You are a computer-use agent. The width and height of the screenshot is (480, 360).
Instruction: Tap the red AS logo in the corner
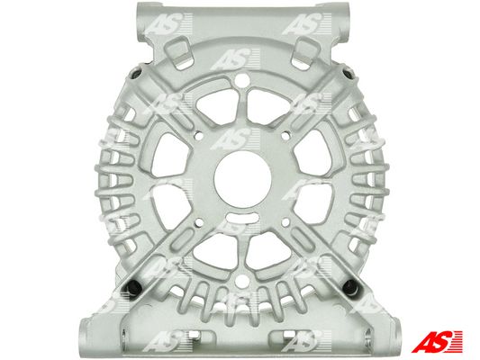point(437,341)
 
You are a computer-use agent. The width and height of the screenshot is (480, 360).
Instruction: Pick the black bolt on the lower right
point(350,285)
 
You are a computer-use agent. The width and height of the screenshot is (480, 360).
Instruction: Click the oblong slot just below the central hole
point(241,219)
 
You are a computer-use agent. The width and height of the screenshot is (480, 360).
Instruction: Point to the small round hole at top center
point(242,80)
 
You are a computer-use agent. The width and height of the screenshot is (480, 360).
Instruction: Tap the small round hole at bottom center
point(242,281)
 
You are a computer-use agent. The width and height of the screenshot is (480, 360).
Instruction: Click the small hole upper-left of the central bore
point(199,135)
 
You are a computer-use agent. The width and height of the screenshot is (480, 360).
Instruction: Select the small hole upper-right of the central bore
point(285,135)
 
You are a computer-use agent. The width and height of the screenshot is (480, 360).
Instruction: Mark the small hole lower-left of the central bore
point(199,222)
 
